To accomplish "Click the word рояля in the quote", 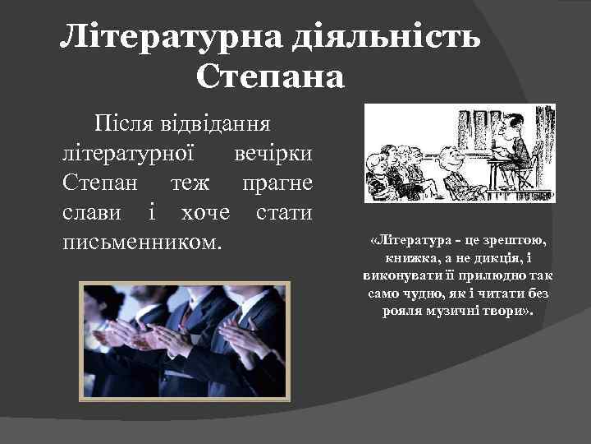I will tap(402, 312).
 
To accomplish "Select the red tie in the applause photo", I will tap(187, 316).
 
